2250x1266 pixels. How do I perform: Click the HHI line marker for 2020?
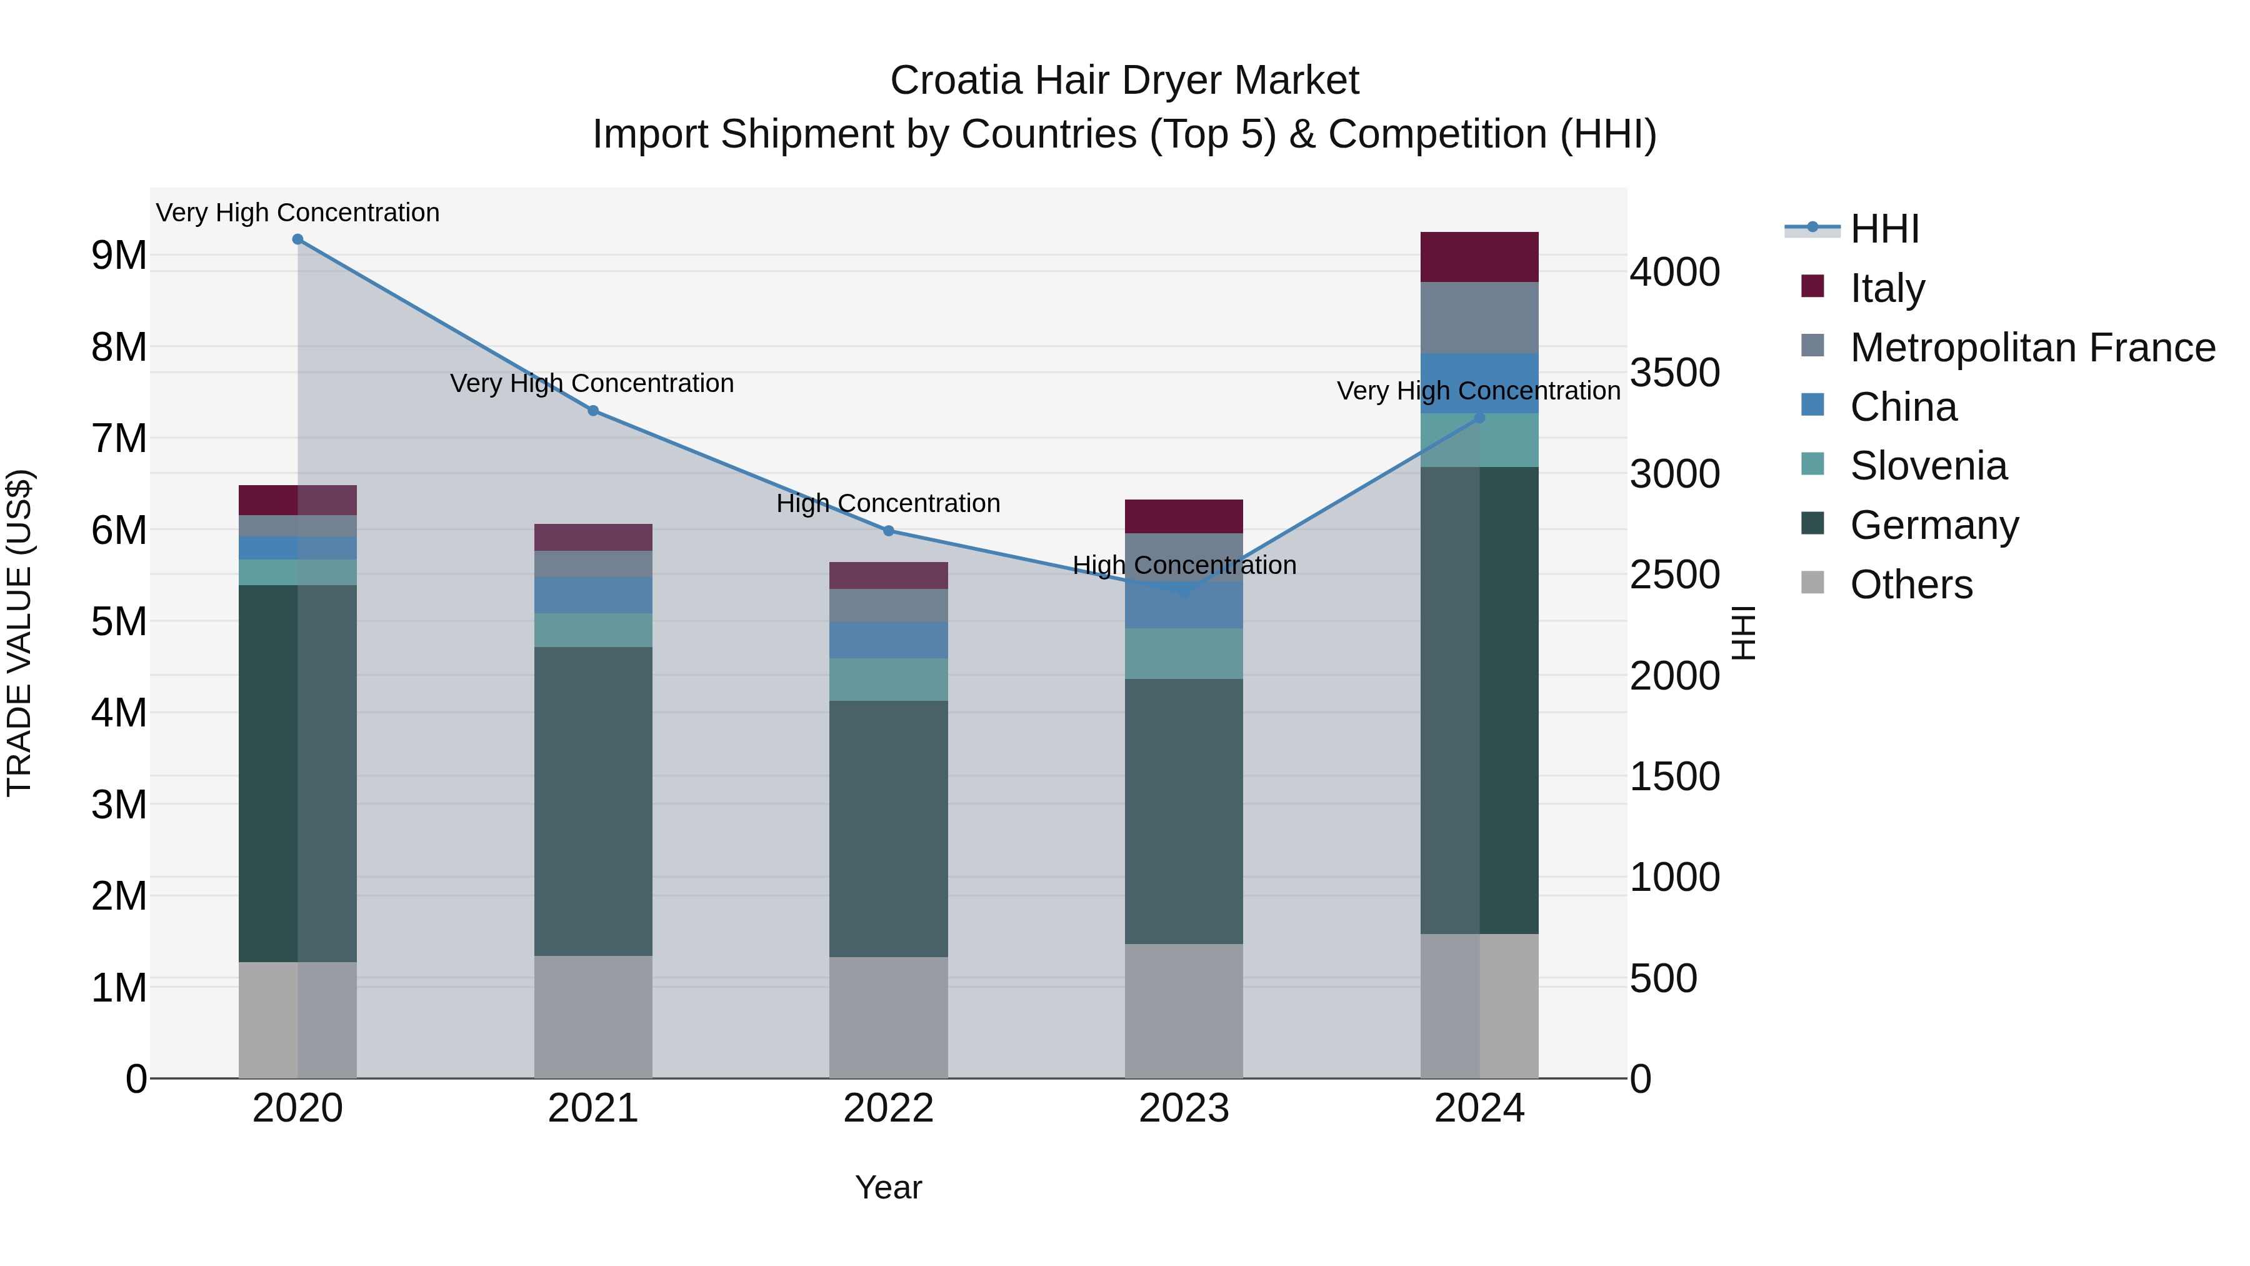tap(298, 239)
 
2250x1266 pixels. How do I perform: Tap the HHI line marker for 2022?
tap(888, 530)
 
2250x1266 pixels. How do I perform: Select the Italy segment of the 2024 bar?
tap(1479, 257)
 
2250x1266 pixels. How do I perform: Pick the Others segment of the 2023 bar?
tap(1184, 1010)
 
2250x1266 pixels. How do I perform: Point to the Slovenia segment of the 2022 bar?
tap(888, 679)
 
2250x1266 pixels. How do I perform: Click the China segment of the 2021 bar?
tap(593, 595)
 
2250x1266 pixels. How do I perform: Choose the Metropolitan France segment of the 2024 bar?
tap(1479, 317)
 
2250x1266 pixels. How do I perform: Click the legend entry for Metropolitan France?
tap(2032, 348)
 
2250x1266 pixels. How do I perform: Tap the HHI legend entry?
tap(1884, 229)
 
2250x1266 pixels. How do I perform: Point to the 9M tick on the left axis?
tap(119, 255)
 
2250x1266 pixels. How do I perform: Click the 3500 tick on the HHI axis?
tap(1674, 373)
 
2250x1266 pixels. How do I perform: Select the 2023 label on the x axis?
tap(1184, 1108)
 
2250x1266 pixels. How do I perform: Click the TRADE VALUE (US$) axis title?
tap(20, 633)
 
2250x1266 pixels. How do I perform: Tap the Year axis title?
tap(888, 1187)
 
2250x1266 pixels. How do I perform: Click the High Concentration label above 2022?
tap(888, 503)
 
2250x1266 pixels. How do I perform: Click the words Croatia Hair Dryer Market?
tap(1124, 81)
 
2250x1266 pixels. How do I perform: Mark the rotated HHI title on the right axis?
tap(1742, 633)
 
